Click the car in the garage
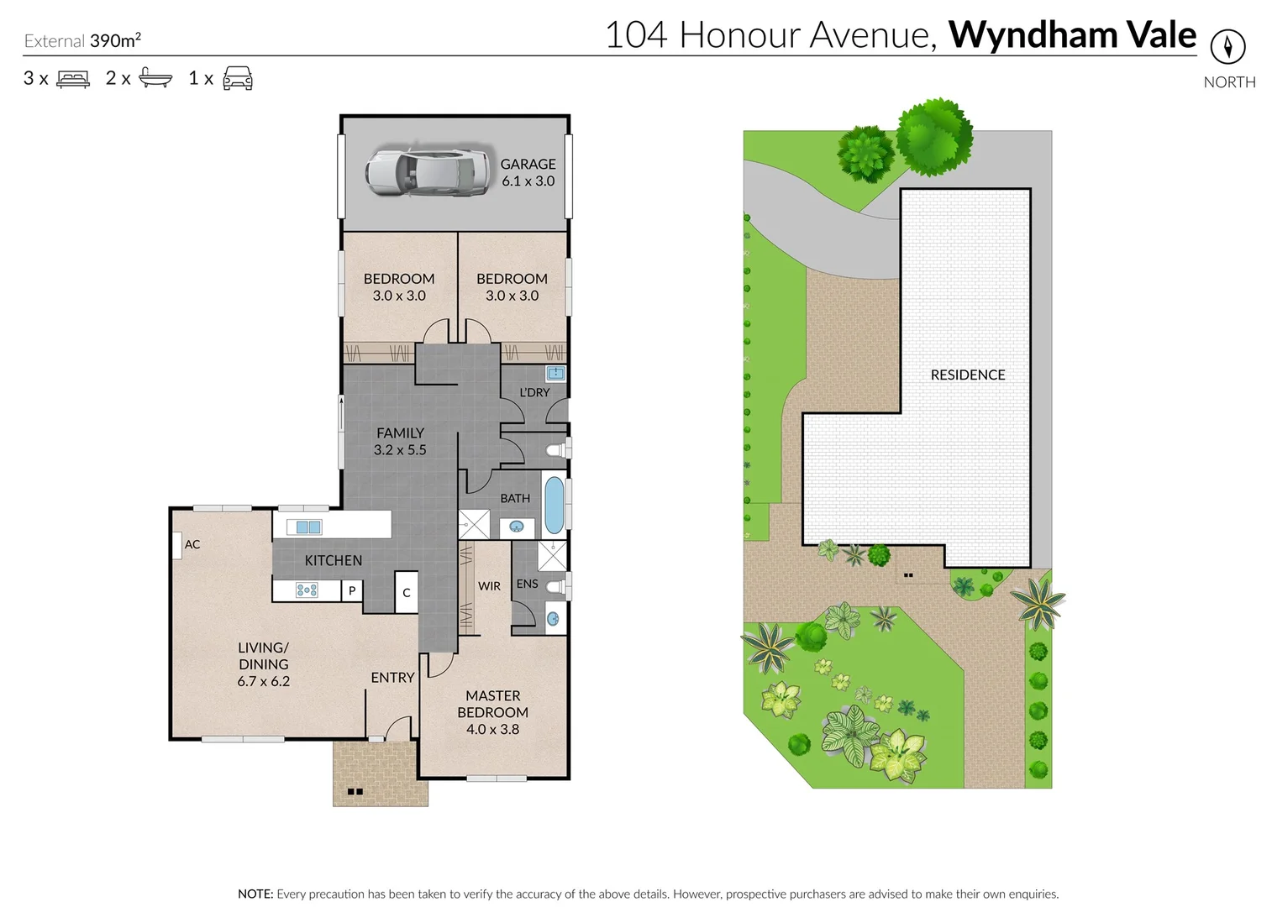428,173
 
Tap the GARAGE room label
528,165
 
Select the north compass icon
1227,46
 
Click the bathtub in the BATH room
553,506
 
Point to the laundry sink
555,373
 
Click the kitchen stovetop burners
307,590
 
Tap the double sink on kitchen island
303,527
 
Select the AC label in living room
192,544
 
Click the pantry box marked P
352,590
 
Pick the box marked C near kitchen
407,592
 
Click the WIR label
489,586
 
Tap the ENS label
527,584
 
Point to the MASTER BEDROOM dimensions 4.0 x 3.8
492,729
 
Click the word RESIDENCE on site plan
967,375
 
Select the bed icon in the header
73,79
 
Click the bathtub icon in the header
155,78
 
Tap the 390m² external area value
115,40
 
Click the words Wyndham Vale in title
1071,35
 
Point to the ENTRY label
392,677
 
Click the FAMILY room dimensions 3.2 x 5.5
400,450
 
